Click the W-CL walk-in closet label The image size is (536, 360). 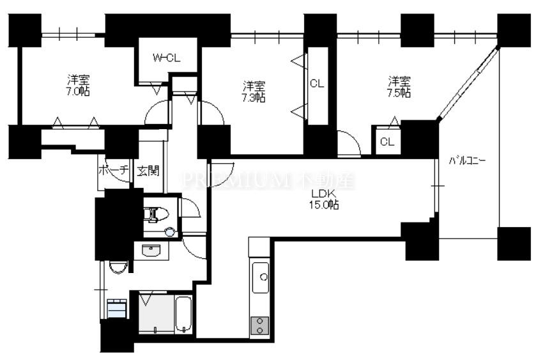(x=167, y=58)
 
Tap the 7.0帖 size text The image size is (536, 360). (x=79, y=91)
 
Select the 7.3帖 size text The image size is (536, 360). (x=254, y=98)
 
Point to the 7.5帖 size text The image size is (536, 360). (x=399, y=93)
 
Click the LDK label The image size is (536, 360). (x=323, y=194)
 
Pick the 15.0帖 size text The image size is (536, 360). (x=324, y=205)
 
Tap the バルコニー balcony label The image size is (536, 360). (x=467, y=161)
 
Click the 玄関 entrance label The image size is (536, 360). (x=148, y=171)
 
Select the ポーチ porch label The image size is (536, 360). (x=114, y=170)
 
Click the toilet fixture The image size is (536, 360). (x=156, y=215)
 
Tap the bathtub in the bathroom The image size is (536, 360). (x=183, y=315)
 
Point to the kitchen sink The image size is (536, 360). (x=261, y=277)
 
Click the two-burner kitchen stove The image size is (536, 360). (x=259, y=325)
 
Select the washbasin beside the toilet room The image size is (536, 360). (x=151, y=251)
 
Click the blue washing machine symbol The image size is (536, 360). (x=118, y=309)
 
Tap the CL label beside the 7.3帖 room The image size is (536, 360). (x=317, y=84)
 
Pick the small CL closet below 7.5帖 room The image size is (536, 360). (x=387, y=141)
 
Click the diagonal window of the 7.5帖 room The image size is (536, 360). (x=467, y=83)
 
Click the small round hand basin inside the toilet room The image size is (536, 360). (x=169, y=232)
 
